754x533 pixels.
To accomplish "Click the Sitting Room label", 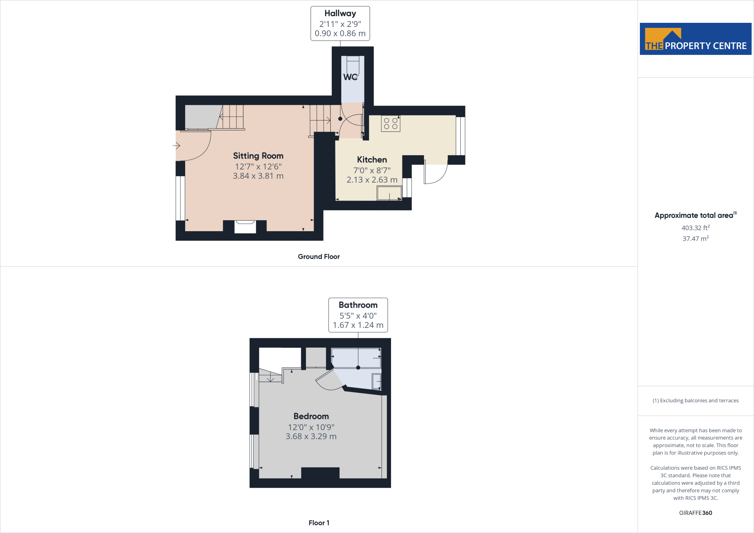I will (258, 156).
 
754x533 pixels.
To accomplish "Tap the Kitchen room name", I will (372, 160).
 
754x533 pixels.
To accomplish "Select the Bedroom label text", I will (311, 416).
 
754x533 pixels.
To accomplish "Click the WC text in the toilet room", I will (350, 77).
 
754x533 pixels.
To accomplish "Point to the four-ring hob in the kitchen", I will (391, 124).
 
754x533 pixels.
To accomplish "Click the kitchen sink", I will (389, 193).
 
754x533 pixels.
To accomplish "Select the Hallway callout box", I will (340, 24).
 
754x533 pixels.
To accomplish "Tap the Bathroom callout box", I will (358, 315).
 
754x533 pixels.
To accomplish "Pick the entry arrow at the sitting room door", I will (176, 146).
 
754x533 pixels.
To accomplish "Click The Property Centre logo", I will (695, 39).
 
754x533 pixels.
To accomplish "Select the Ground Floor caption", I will (319, 257).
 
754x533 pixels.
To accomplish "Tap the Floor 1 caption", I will (319, 523).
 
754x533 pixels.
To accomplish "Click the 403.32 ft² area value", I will (695, 228).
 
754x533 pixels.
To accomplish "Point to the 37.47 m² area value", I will (695, 239).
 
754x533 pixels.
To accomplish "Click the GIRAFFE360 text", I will (695, 513).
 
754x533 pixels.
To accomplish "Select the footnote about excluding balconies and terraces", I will (695, 400).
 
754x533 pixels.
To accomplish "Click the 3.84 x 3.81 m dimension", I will (258, 176).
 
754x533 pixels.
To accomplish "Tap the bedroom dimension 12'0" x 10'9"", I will (311, 427).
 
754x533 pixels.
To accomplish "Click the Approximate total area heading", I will (694, 216).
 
